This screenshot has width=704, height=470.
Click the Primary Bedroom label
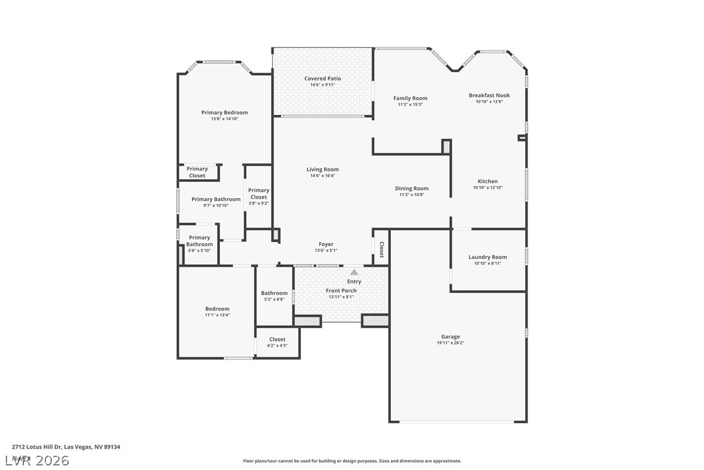[x=224, y=112]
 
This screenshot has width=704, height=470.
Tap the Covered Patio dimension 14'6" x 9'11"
[x=322, y=85]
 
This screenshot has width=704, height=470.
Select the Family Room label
[x=410, y=98]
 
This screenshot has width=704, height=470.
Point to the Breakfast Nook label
[x=489, y=95]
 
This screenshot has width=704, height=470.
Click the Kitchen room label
[x=487, y=181]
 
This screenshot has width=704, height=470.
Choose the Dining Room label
[x=412, y=188]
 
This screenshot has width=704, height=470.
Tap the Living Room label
[x=323, y=169]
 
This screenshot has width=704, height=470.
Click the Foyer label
[x=325, y=244]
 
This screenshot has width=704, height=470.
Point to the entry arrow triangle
[x=354, y=273]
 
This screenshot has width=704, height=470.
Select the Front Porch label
[x=341, y=290]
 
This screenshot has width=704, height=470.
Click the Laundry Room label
[x=487, y=257]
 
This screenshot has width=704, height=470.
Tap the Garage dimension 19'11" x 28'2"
[x=451, y=343]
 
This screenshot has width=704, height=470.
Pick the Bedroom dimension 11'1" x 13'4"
[x=217, y=315]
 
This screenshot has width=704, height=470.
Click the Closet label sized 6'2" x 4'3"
[x=277, y=339]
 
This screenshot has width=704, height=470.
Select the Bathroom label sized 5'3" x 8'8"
[x=274, y=293]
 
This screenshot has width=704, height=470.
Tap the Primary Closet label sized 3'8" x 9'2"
[x=258, y=193]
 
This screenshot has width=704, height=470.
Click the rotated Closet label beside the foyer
[x=381, y=250]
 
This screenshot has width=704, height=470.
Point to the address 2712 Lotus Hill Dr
[x=65, y=447]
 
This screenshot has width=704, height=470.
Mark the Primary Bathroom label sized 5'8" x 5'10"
[x=199, y=241]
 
